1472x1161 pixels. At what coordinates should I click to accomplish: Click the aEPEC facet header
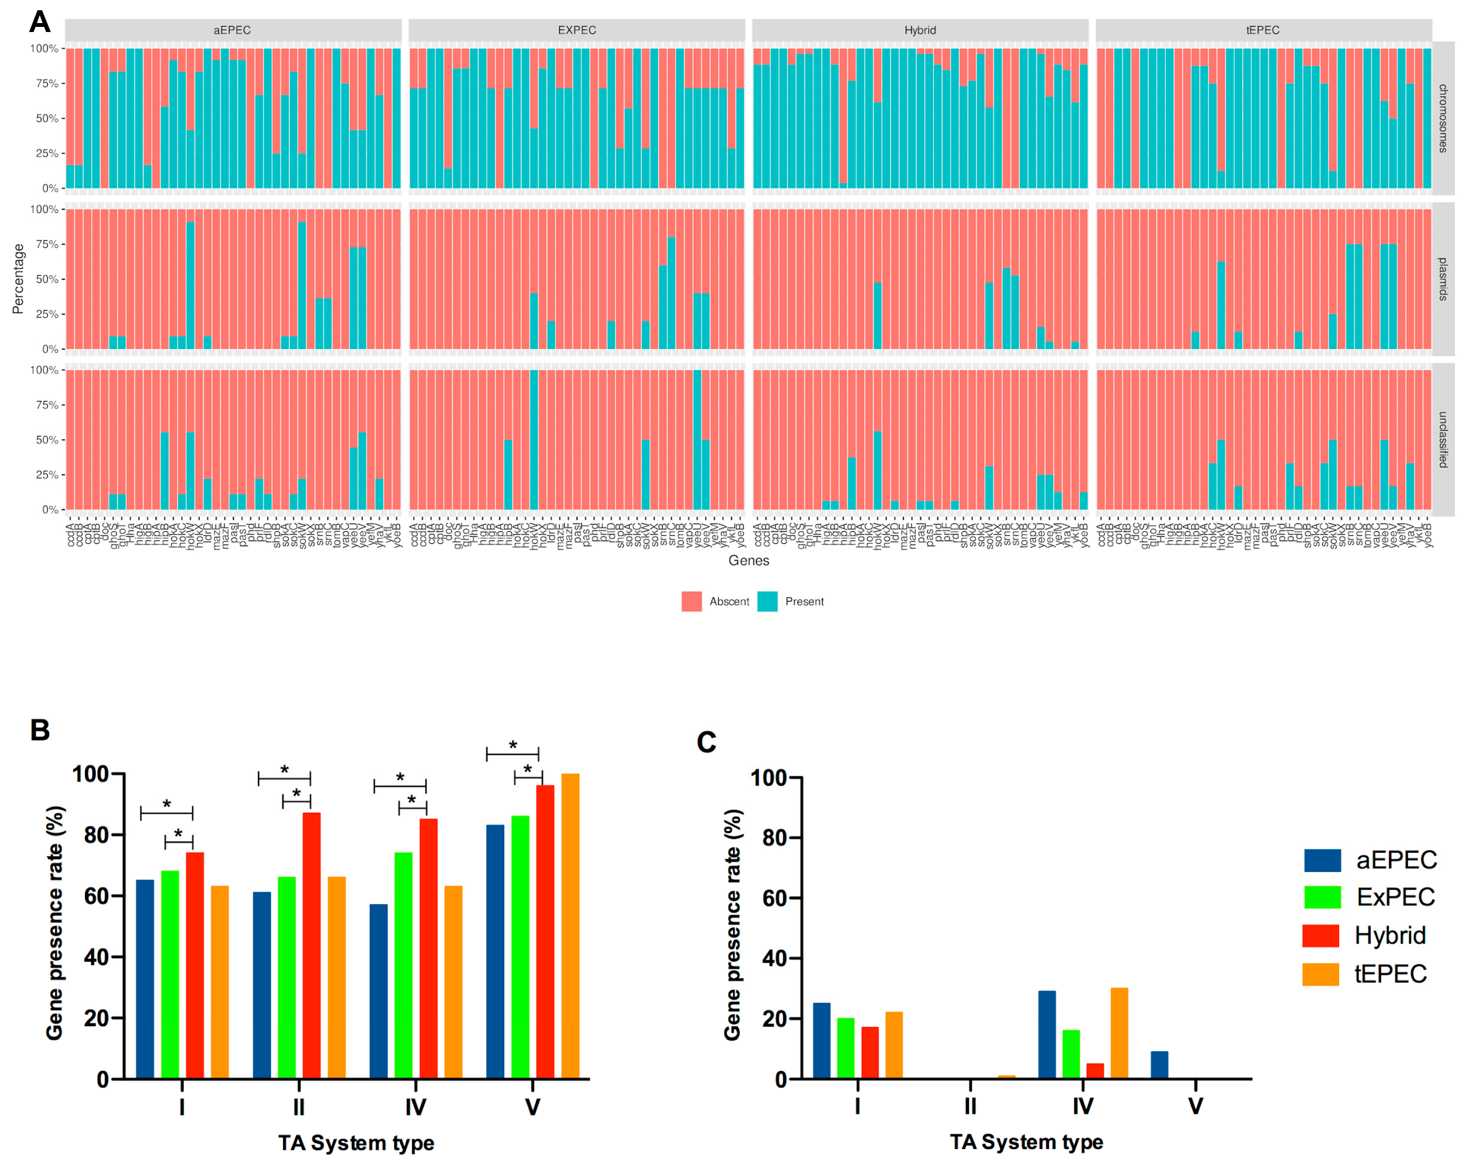(233, 30)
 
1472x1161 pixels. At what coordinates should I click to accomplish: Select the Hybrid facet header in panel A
(919, 30)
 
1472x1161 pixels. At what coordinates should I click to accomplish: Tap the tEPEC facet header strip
(1263, 30)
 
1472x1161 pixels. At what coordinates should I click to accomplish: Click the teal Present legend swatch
(767, 601)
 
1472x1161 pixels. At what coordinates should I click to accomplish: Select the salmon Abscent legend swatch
(691, 601)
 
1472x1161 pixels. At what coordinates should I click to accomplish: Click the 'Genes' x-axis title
(749, 560)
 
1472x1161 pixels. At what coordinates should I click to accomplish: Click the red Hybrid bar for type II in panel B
(311, 945)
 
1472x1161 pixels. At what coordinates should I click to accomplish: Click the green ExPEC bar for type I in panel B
(170, 974)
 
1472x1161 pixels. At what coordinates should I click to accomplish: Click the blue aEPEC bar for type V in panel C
(1159, 1065)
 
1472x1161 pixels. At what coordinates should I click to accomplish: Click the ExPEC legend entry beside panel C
(1394, 897)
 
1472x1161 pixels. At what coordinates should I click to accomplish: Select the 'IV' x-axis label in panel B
(416, 1107)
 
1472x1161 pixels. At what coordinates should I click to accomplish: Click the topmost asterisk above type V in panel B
(512, 745)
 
